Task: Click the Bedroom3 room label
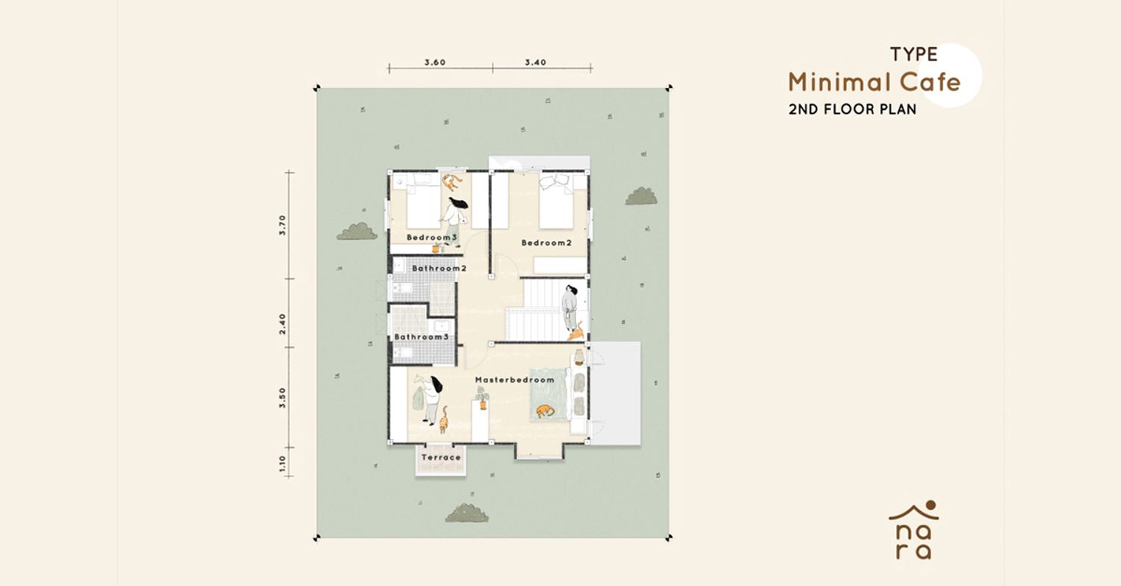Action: point(432,237)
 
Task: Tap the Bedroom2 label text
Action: point(546,243)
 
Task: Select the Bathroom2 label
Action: point(439,269)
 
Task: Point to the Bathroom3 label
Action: point(421,337)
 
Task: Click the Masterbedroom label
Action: point(514,380)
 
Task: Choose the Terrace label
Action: point(441,458)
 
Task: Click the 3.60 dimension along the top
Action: point(435,63)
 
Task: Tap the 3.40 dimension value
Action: point(536,63)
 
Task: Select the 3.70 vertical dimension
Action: point(282,225)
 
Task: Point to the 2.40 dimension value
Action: point(282,324)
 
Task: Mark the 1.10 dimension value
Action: point(282,464)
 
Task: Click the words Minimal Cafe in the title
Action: point(874,83)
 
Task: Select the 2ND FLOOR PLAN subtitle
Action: point(852,110)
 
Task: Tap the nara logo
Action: point(914,530)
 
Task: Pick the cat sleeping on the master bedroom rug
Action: point(545,411)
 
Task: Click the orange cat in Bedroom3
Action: point(451,182)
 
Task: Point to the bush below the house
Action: point(467,513)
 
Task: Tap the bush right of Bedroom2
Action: point(641,196)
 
